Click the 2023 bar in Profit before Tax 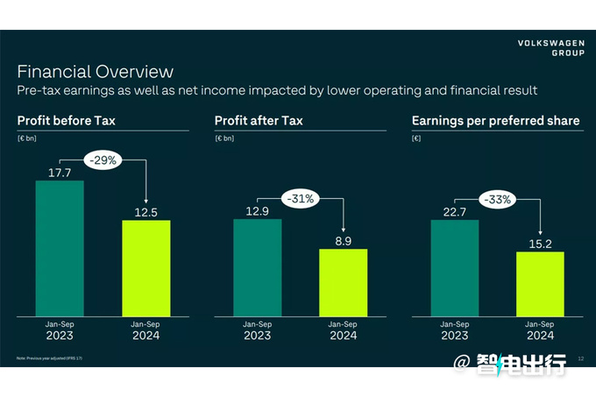click(x=59, y=249)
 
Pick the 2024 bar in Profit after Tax click(x=343, y=283)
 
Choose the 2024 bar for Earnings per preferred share click(x=540, y=284)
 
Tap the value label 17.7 click(x=59, y=173)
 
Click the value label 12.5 click(x=145, y=212)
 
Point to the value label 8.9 click(x=343, y=241)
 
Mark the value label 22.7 click(x=454, y=211)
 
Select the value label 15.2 click(x=540, y=244)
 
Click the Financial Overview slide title click(x=96, y=72)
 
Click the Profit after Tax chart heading click(x=258, y=121)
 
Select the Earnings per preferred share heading click(x=495, y=121)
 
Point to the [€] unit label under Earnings click(x=417, y=138)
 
